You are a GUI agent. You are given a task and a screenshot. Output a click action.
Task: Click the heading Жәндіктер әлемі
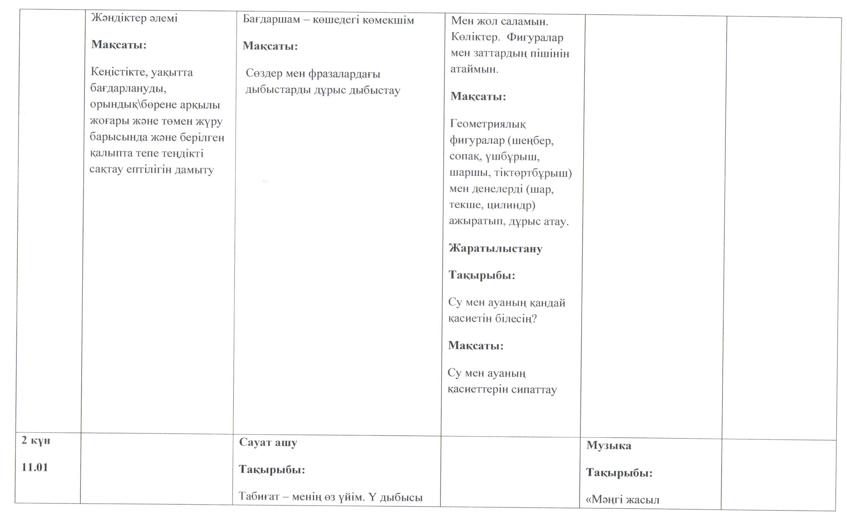click(134, 18)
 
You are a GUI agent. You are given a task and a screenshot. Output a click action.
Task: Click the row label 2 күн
click(36, 440)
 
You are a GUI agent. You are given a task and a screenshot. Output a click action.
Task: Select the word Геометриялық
click(488, 124)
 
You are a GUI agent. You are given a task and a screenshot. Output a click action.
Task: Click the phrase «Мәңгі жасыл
click(622, 499)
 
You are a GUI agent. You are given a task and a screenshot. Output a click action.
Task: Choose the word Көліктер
click(475, 37)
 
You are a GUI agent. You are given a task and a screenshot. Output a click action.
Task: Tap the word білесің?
click(516, 319)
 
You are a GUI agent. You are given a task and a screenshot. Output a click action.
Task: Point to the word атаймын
click(474, 69)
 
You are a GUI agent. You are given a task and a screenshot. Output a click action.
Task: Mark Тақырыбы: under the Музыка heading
click(619, 473)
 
